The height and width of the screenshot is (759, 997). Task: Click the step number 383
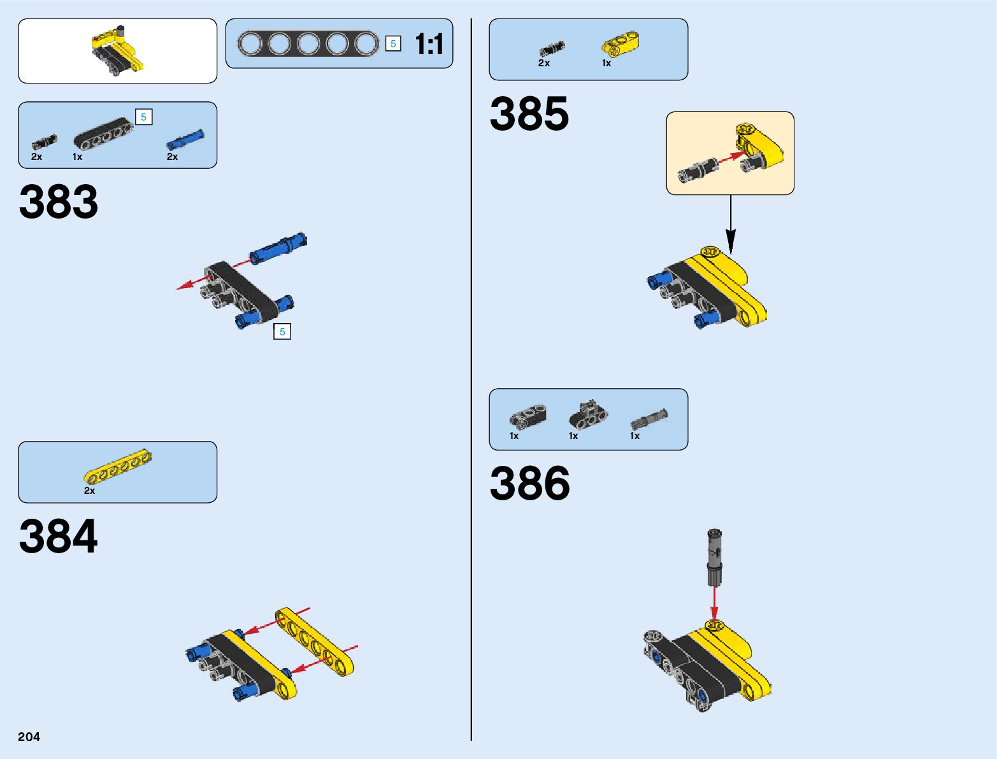coord(59,202)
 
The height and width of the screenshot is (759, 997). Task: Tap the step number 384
coord(59,537)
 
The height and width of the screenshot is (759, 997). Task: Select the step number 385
coord(529,115)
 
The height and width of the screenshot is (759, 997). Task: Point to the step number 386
coord(529,483)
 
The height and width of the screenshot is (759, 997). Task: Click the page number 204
coord(29,737)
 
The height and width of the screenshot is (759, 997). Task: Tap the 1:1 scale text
coord(429,45)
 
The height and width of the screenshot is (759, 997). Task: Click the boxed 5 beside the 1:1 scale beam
coord(393,43)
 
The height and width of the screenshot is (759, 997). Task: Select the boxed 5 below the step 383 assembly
coord(282,331)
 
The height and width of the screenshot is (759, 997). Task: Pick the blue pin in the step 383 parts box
coord(185,140)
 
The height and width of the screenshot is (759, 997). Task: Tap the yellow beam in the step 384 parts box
coord(118,466)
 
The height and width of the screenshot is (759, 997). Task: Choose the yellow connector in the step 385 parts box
coord(620,45)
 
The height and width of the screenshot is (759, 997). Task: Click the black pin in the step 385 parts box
coord(551,49)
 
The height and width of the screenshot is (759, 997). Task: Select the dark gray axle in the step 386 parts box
coord(649,419)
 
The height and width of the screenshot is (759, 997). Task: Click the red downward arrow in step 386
coord(714,602)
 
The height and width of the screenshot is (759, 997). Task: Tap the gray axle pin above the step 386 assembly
coord(714,556)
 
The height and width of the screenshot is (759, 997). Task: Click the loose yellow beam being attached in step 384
coord(316,641)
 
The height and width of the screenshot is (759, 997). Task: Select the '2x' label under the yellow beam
coord(89,491)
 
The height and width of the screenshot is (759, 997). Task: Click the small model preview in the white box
coord(117,51)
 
